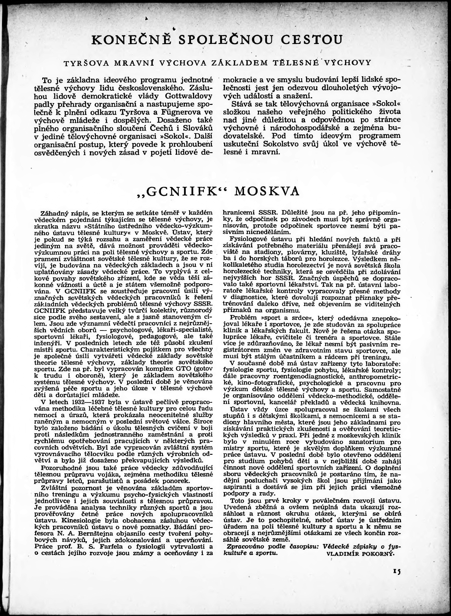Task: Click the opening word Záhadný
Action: pyautogui.click(x=53, y=213)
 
